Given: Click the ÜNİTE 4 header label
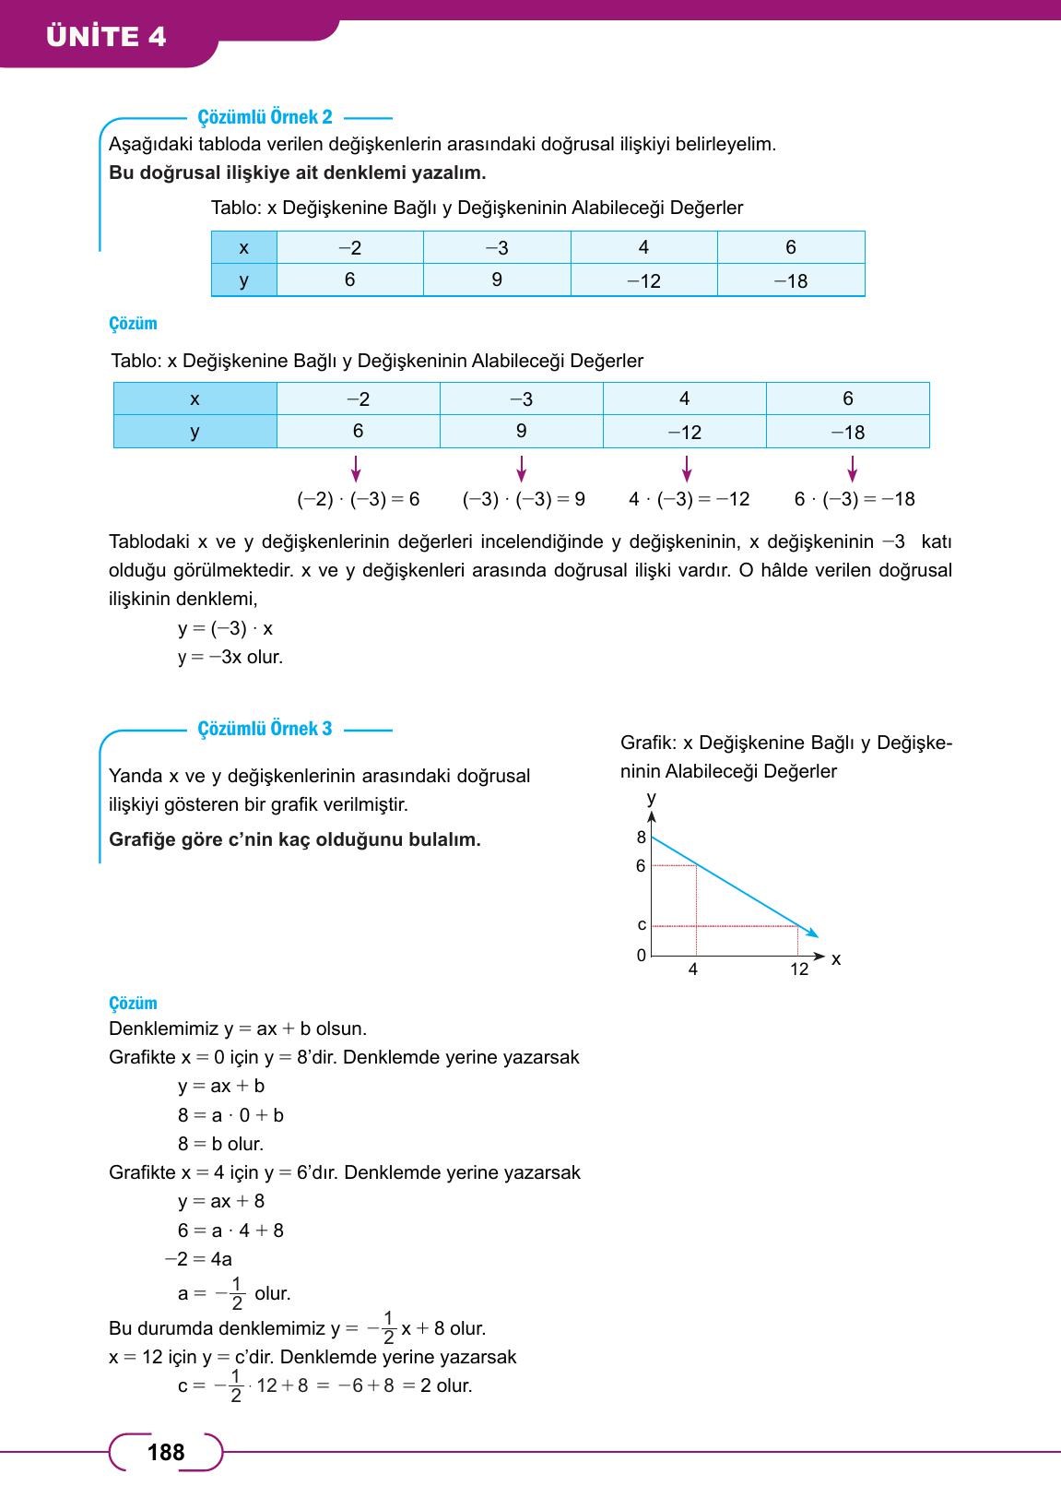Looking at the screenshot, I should (x=106, y=37).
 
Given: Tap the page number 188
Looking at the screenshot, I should (x=166, y=1453).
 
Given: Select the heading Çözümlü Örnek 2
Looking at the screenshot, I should (x=265, y=117).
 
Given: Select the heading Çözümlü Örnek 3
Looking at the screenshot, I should (x=265, y=729).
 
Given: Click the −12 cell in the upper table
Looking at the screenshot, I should (x=643, y=280).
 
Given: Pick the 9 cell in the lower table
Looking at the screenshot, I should (x=521, y=431).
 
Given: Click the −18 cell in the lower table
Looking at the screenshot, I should (x=847, y=432).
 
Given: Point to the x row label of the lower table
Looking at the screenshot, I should (x=195, y=398).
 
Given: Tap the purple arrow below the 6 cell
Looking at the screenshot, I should (x=357, y=469).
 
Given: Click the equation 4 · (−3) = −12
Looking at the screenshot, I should (x=689, y=499).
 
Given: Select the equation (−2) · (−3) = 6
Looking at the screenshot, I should (x=358, y=499).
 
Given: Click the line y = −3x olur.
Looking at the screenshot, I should (x=230, y=658).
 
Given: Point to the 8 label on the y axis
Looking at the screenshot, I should (x=642, y=838).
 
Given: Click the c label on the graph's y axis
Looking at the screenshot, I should (x=642, y=924).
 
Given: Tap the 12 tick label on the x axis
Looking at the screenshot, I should (x=798, y=969).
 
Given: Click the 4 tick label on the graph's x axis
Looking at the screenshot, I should (x=693, y=969).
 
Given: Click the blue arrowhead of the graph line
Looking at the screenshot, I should (x=811, y=933).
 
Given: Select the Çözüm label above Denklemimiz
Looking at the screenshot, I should (x=133, y=1003).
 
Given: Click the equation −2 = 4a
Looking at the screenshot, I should (x=198, y=1259).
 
